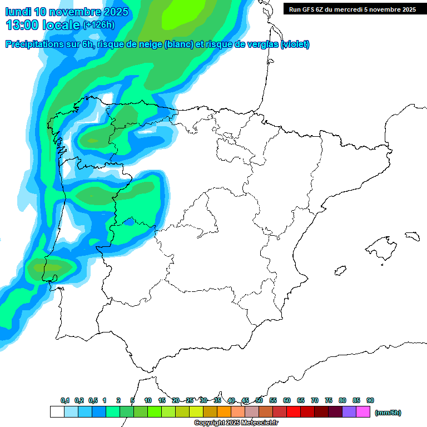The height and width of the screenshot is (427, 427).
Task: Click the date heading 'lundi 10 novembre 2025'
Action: (67, 12)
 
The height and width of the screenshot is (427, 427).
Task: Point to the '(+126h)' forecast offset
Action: (98, 25)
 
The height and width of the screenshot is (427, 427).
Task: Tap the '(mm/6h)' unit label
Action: (388, 413)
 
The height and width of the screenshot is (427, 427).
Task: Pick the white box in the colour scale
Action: (57, 412)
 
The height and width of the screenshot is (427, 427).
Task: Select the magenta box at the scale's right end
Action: (363, 412)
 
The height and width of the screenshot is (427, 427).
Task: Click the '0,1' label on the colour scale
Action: (65, 401)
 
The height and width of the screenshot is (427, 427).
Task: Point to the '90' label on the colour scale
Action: (370, 401)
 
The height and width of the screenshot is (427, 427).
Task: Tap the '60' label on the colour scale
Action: (287, 401)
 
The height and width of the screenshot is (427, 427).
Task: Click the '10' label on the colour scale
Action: (148, 401)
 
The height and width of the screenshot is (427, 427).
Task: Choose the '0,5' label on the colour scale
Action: (93, 401)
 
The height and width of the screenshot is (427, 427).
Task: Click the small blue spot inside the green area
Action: (129, 222)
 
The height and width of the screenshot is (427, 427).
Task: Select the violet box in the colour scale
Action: (349, 412)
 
